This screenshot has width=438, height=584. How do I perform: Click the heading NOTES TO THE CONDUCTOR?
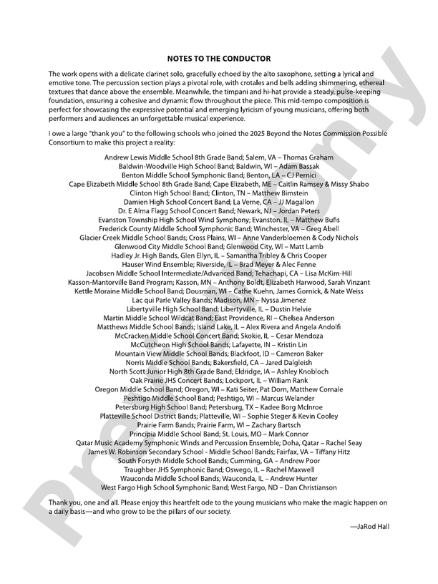[x=219, y=58]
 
